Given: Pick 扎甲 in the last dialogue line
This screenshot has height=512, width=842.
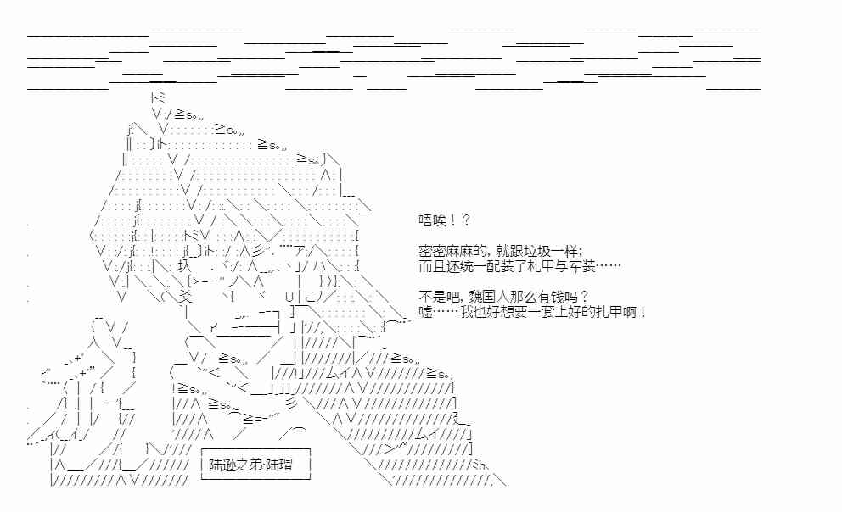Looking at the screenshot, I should pos(609,312).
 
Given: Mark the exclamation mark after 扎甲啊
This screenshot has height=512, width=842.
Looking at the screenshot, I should pos(644,312).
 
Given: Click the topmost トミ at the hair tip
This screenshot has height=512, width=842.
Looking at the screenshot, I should pos(156,97).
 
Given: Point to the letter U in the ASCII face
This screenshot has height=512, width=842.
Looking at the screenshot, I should pos(289,296).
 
